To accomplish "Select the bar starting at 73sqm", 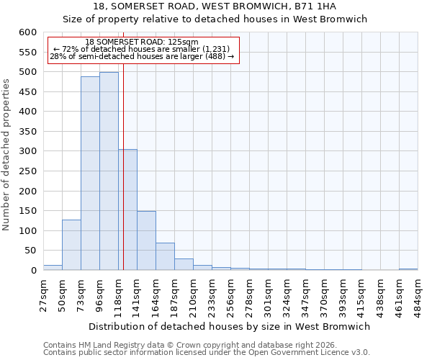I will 90,174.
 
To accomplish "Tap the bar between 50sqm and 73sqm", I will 71,245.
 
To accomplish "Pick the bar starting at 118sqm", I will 127,210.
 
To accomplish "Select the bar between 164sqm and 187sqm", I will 165,256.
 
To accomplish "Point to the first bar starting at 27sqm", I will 53,267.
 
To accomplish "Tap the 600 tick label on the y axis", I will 27,32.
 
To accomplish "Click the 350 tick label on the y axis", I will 27,132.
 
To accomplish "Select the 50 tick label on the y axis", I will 30,251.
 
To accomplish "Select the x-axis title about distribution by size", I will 230,326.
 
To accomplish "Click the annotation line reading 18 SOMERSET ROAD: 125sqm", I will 141,42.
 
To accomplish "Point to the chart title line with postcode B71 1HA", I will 215,6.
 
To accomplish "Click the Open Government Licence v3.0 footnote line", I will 207,352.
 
